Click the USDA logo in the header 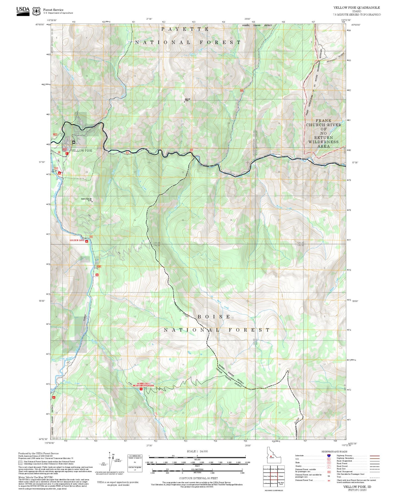(x=23, y=11)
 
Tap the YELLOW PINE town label (x=82, y=151)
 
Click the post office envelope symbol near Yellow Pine (x=74, y=142)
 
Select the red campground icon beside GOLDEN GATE (x=87, y=242)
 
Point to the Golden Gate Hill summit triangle (x=92, y=202)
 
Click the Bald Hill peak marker (x=184, y=102)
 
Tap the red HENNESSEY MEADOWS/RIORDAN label (x=143, y=384)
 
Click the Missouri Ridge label (x=335, y=58)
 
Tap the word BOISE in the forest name (x=214, y=317)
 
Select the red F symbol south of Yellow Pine (x=67, y=154)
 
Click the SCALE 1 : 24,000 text (x=197, y=451)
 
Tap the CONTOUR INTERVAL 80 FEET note (x=198, y=478)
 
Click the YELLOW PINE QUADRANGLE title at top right (x=356, y=8)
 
